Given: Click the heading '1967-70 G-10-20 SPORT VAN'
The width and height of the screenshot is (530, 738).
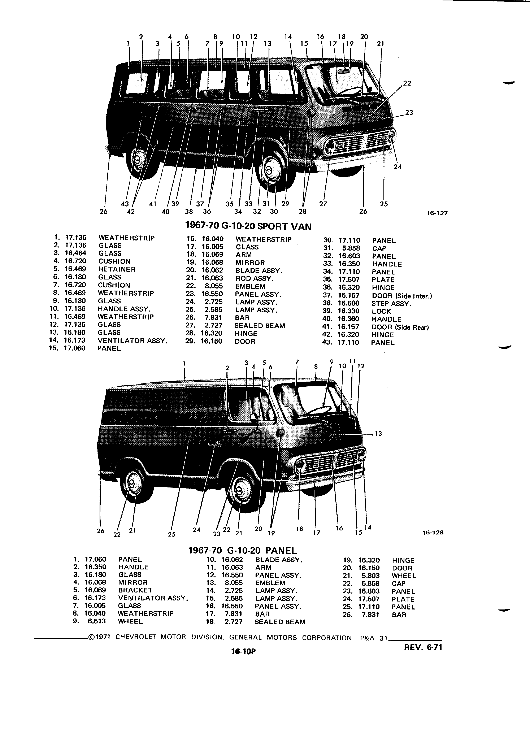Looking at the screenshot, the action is [248, 226].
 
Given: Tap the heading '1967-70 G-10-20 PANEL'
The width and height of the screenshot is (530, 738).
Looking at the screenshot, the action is [243, 550].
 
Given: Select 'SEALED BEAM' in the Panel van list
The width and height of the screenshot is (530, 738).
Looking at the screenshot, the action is [280, 622].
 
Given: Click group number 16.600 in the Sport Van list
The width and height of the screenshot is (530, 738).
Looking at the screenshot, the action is [349, 303].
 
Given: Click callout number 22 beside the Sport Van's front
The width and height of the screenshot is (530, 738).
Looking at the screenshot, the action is [407, 83].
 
